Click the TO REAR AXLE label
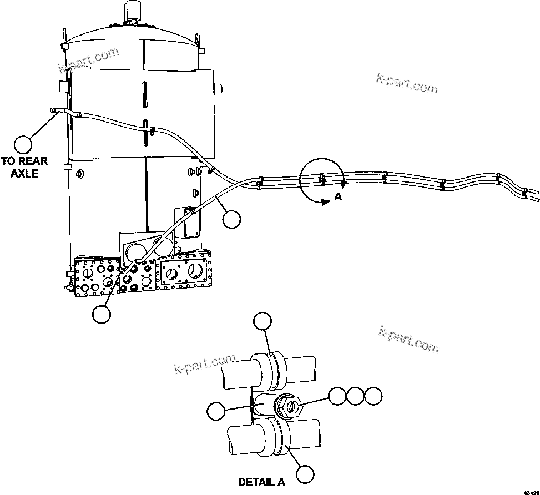click(24, 167)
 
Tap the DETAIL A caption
click(261, 482)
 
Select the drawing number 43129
click(531, 492)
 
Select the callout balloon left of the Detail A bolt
click(215, 411)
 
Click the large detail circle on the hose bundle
click(321, 180)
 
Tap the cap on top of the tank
click(133, 11)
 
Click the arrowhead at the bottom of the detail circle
click(324, 204)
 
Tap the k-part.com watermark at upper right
click(407, 85)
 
